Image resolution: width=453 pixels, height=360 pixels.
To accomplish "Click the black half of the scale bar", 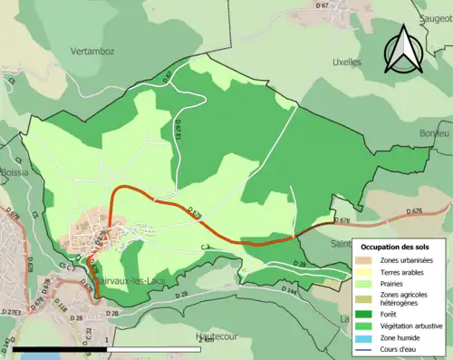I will click(60, 348).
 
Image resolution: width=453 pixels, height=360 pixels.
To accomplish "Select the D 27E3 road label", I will click(13, 310).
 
